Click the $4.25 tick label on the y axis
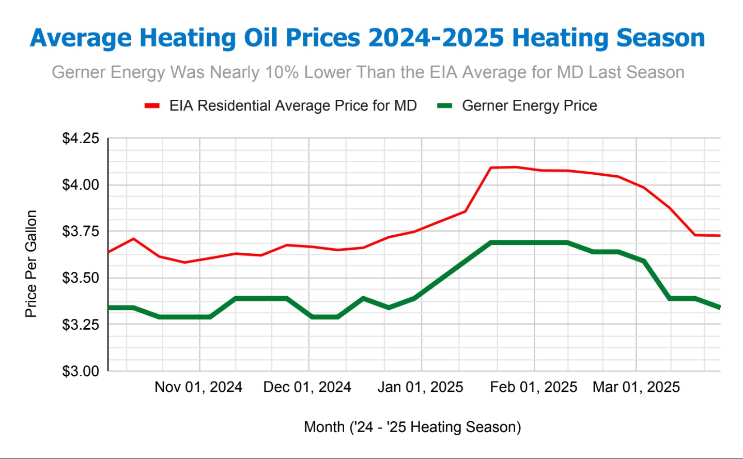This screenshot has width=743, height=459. click(81, 139)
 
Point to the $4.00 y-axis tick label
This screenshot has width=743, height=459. click(81, 185)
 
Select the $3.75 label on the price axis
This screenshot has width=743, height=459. click(81, 232)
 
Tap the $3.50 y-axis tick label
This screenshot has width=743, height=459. click(81, 278)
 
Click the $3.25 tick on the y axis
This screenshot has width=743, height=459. click(81, 325)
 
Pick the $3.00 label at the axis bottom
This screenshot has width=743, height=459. click(81, 371)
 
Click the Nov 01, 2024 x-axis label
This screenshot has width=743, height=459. click(198, 387)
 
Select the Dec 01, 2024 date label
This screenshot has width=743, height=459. click(307, 387)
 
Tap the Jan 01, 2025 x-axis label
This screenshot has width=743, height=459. click(420, 387)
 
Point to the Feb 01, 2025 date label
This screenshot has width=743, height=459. click(533, 387)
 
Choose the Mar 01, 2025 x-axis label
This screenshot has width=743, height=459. click(636, 387)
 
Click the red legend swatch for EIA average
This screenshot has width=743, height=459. click(152, 106)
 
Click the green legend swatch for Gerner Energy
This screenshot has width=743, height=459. click(444, 106)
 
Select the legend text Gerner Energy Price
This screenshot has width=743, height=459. click(529, 106)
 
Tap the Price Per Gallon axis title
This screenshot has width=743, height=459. click(31, 264)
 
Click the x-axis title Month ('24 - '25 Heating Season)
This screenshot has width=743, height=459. click(412, 427)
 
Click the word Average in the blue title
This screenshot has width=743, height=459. click(81, 38)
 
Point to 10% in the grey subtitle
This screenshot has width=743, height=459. click(282, 72)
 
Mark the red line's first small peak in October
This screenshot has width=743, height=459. click(134, 239)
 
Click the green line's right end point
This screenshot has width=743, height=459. click(719, 308)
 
